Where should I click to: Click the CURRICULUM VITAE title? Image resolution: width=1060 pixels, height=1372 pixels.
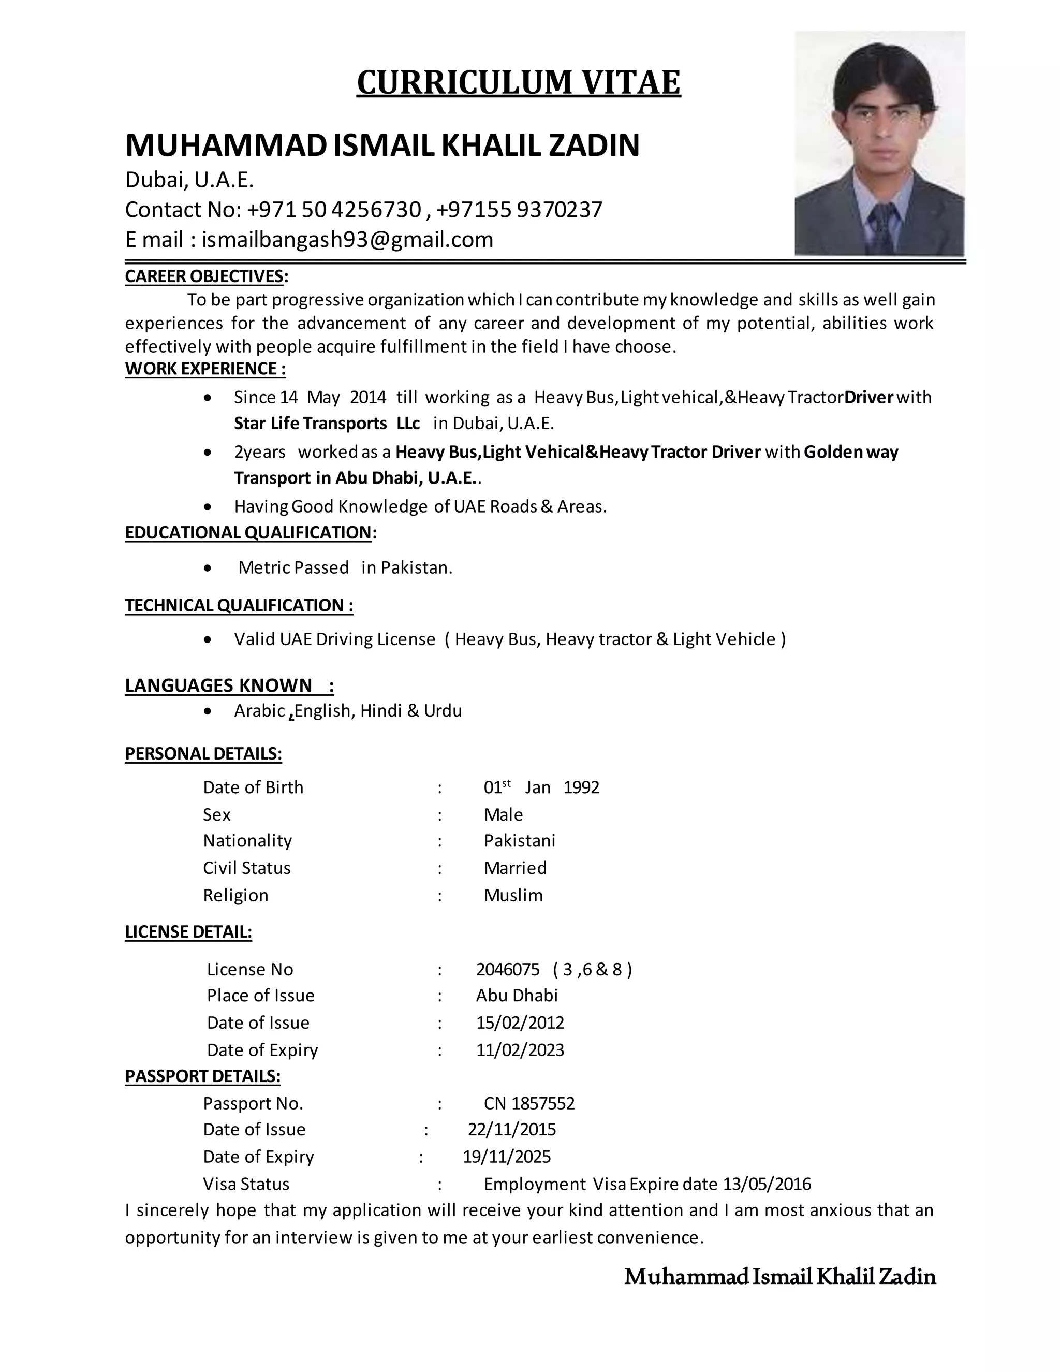[x=518, y=82]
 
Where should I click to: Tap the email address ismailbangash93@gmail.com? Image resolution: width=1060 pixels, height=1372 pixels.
[x=347, y=239]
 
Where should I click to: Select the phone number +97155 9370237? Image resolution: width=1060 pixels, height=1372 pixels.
[x=519, y=209]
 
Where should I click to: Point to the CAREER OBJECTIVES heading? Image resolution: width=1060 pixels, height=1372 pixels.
[x=206, y=276]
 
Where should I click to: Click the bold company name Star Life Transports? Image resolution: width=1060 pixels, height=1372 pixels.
[x=310, y=424]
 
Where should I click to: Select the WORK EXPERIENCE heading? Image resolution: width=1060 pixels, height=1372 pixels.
[x=205, y=369]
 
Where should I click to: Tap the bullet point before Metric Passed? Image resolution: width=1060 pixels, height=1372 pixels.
[x=209, y=568]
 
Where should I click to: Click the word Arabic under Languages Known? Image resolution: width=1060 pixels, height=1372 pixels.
[x=259, y=710]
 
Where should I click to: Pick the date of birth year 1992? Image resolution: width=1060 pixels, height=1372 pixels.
[x=581, y=787]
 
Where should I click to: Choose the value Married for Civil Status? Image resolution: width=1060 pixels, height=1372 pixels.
[x=515, y=868]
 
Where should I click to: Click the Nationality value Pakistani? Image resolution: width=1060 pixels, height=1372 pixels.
[x=519, y=840]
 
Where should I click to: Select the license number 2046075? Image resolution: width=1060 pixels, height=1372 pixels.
[x=507, y=969]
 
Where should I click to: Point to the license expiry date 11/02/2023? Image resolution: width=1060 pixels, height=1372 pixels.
[x=520, y=1050]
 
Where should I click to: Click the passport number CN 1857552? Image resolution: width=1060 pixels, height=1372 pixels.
[x=529, y=1103]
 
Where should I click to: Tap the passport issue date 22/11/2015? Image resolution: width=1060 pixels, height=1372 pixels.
[x=512, y=1130]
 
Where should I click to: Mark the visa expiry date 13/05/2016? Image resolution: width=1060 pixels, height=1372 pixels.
[x=767, y=1184]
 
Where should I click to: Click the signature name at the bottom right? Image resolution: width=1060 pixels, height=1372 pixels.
[x=780, y=1277]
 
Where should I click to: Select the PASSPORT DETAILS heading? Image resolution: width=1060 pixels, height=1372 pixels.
[x=202, y=1077]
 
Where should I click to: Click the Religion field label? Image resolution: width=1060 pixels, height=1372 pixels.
[x=235, y=895]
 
